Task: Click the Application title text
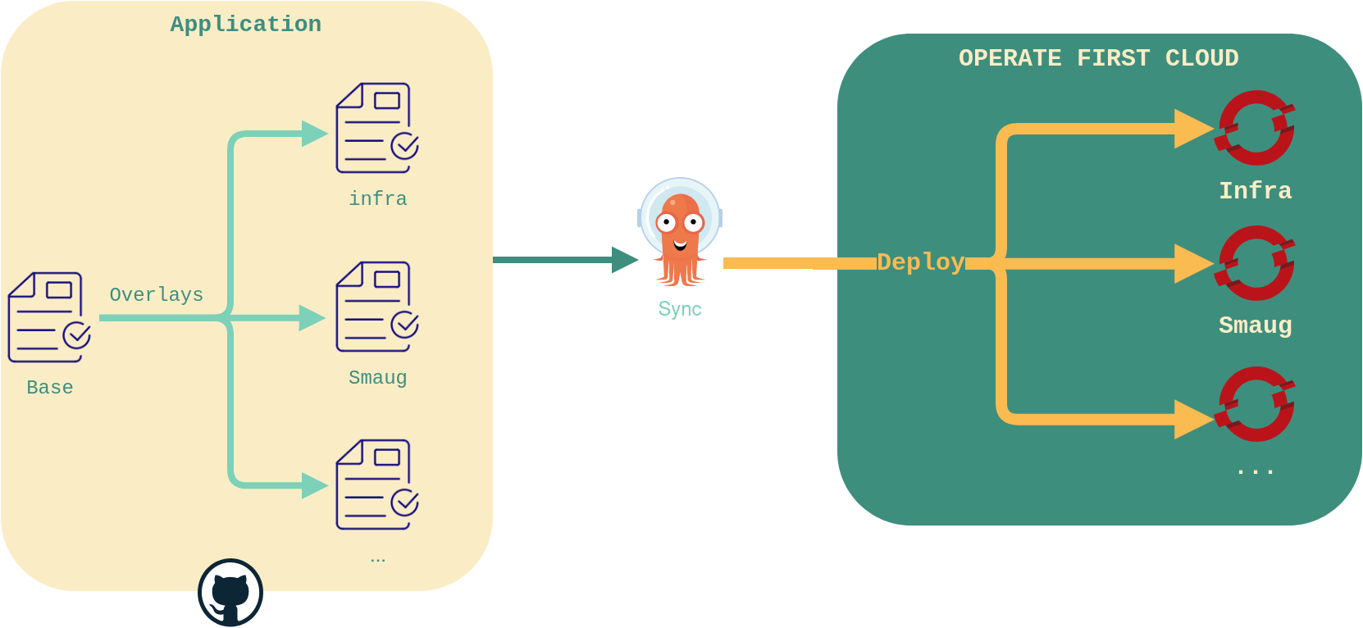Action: point(245,25)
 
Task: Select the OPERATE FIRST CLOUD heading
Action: point(1098,58)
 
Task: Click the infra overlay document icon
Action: point(376,128)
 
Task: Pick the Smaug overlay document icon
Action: point(376,307)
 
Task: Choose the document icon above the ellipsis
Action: point(376,485)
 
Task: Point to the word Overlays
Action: point(156,295)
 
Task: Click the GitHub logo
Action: point(230,593)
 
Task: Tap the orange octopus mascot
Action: point(680,234)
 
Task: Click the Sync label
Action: point(680,309)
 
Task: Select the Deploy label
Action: point(920,262)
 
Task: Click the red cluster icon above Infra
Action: point(1256,128)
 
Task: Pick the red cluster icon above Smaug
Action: point(1256,263)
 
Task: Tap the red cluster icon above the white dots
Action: point(1256,404)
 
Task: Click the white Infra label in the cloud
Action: point(1255,191)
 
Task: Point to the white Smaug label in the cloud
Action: point(1255,325)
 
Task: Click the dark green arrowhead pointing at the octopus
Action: point(625,260)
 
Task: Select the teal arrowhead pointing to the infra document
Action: point(314,134)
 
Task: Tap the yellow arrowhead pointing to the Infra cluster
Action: point(1192,129)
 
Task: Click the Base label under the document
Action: point(50,388)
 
